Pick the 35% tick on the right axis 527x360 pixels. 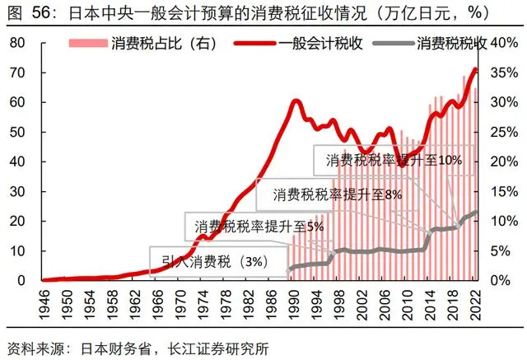(x=504, y=72)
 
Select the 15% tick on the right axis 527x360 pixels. (x=504, y=191)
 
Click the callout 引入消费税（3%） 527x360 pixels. (x=219, y=262)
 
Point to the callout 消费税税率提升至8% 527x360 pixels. (x=329, y=195)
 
